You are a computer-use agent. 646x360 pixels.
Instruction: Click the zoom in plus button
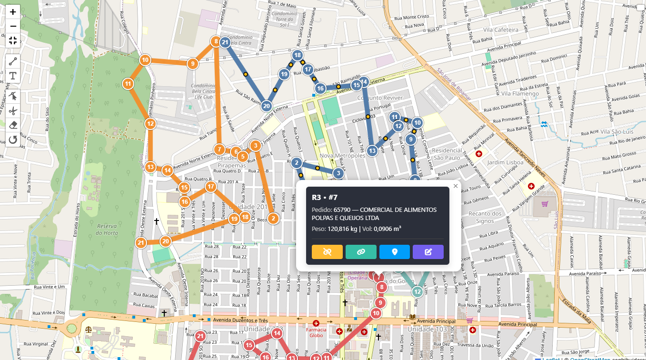click(13, 12)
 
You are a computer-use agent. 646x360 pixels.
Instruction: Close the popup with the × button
click(456, 186)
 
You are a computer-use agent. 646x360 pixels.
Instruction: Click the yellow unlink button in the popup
click(327, 252)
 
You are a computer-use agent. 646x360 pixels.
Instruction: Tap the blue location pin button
click(395, 252)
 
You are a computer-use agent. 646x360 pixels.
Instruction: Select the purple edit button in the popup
click(428, 252)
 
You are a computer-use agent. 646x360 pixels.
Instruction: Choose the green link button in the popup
click(361, 252)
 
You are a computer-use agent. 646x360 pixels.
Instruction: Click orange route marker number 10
click(145, 60)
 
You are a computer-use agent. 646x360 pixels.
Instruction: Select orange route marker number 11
click(128, 84)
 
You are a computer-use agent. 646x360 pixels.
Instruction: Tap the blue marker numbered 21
click(225, 42)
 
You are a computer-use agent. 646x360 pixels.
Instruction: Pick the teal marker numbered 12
click(417, 291)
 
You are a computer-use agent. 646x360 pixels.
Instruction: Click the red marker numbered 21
click(200, 337)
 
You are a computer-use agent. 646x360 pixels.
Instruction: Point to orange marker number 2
click(273, 219)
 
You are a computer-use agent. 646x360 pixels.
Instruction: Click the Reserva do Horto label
click(107, 229)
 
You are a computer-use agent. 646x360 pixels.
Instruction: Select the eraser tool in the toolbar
click(13, 125)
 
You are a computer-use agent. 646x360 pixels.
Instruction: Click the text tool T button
click(13, 76)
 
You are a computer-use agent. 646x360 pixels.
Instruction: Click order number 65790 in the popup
click(342, 210)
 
